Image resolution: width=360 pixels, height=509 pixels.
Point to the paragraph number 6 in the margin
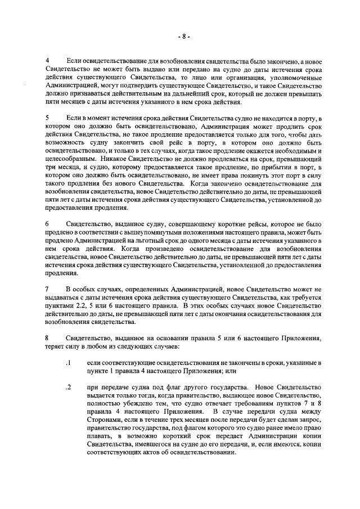pos(47,224)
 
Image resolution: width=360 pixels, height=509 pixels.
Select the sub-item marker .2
pos(67,388)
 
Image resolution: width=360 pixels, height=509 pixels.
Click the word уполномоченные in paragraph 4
pos(294,77)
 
